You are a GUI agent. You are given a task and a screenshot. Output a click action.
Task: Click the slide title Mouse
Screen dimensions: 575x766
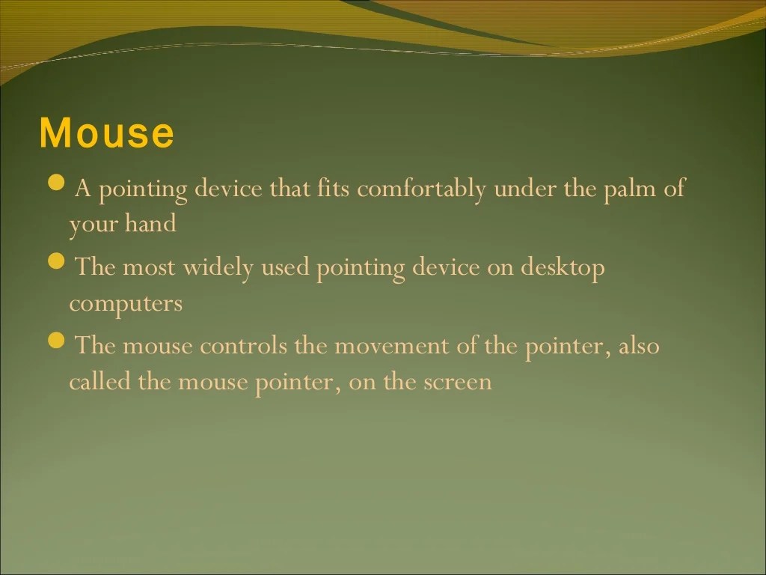(x=106, y=133)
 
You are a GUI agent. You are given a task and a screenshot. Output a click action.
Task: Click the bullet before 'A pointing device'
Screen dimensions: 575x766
(x=56, y=183)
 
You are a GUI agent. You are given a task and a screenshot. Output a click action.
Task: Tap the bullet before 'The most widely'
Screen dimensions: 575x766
(x=56, y=262)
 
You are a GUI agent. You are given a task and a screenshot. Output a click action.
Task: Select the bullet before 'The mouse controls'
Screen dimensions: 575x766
(x=56, y=341)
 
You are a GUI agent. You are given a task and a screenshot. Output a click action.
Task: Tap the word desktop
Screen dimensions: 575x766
(x=562, y=268)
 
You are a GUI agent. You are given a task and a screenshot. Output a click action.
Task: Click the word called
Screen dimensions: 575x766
(x=100, y=382)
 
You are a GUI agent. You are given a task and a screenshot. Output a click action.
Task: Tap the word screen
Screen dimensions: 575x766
(x=458, y=383)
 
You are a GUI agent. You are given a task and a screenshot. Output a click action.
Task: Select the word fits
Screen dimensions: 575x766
(x=334, y=189)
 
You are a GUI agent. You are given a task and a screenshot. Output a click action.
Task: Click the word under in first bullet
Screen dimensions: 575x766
(x=525, y=189)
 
